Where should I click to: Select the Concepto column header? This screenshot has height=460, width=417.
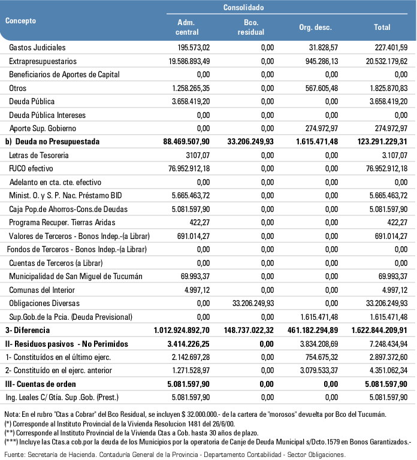[x=21, y=20]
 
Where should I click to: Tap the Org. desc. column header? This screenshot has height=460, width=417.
[x=315, y=28]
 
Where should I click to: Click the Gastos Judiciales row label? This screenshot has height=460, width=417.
[x=37, y=47]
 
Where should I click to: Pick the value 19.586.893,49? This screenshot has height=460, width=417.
[x=185, y=61]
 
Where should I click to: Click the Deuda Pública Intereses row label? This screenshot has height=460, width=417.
[x=47, y=115]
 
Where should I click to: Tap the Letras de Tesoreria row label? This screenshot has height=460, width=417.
[x=39, y=156]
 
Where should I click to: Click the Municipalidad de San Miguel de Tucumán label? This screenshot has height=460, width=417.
[x=67, y=277]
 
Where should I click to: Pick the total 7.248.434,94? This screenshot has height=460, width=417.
[x=382, y=344]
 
